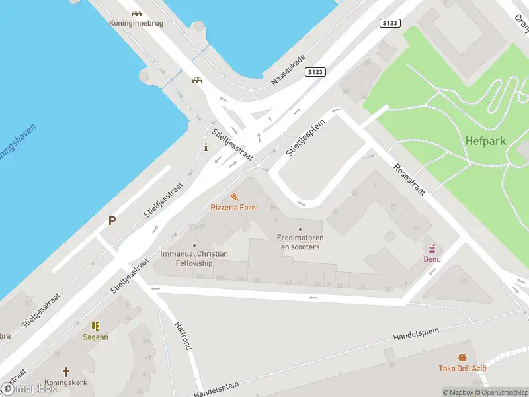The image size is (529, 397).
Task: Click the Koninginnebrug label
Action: pos(136,23)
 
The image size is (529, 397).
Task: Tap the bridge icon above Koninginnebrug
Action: pos(136,13)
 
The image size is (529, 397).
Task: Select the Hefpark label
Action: pos(486,141)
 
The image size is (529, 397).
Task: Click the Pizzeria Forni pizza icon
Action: pos(234,197)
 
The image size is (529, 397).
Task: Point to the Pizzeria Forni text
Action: pos(234,208)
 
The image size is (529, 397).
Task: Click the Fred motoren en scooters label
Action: pos(300,242)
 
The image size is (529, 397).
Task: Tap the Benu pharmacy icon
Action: pos(432,249)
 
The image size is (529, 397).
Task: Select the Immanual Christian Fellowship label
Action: pos(194,258)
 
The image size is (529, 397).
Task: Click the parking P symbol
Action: pos(112,221)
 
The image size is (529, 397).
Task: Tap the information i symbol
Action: pos(206,147)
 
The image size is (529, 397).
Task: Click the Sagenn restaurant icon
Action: pos(95,326)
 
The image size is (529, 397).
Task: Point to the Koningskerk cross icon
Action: pos(65,372)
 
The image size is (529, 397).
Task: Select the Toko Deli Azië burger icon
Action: pos(462,358)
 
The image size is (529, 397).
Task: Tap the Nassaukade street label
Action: pos(288,71)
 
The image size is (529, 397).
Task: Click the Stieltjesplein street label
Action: pos(306,138)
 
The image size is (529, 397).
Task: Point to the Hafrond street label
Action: pos(183,335)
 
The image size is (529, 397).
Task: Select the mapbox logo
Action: pos(29,389)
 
